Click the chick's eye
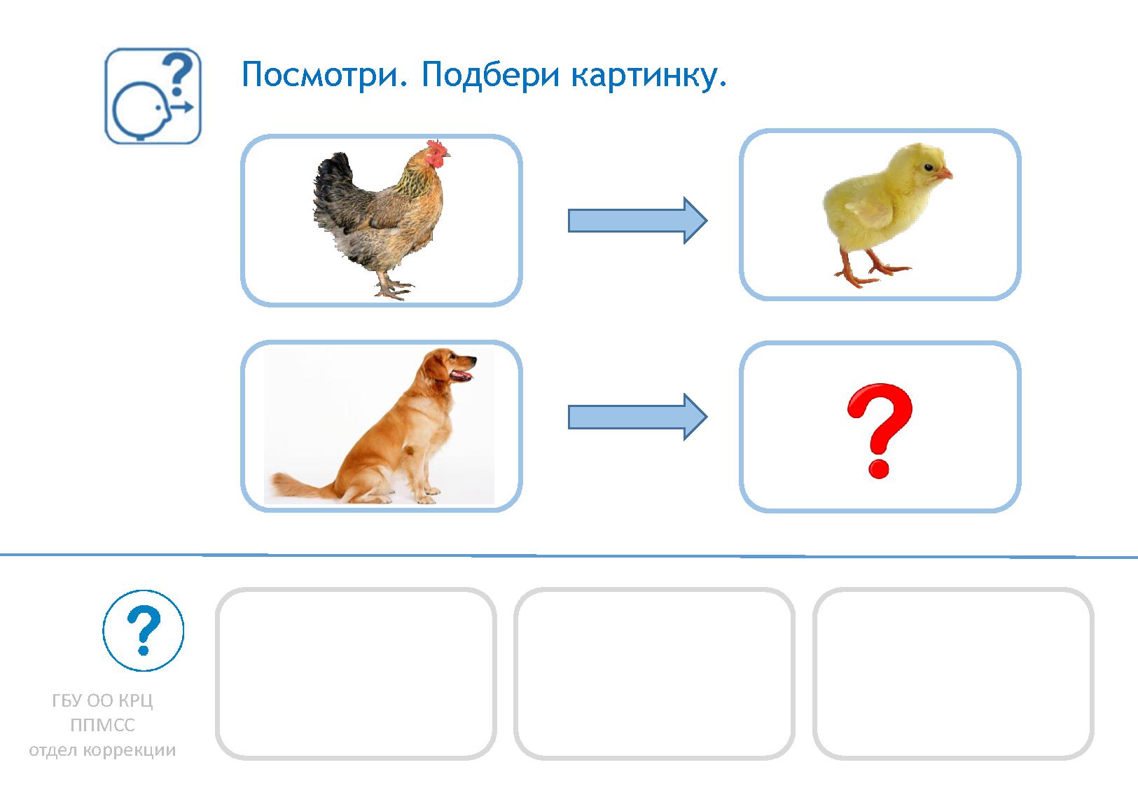coord(928,167)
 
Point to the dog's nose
coord(475,360)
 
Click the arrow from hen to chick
coord(637,221)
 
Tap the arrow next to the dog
coord(637,417)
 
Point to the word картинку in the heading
coord(648,74)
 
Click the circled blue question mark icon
coord(144,630)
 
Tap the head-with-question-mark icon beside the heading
coord(153,97)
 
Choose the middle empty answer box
coord(654,673)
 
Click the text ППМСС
coord(102,726)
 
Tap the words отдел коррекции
coord(102,750)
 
